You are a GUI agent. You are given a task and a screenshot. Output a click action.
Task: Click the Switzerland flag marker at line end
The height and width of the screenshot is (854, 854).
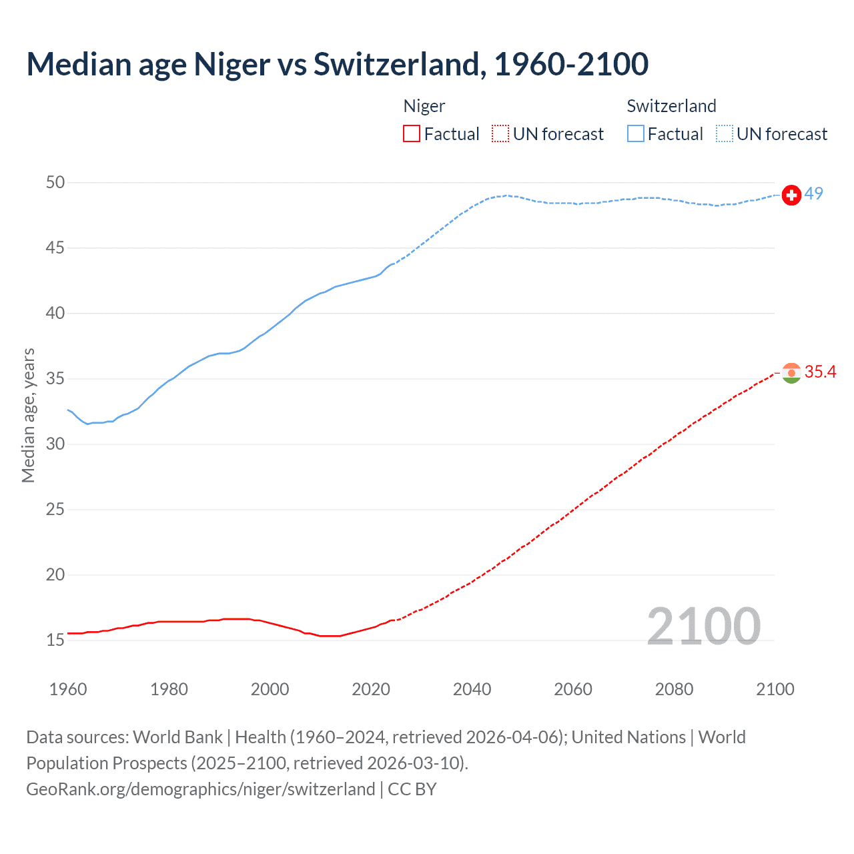tap(791, 195)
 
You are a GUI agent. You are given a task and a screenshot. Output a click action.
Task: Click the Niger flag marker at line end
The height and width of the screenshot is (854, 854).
tap(791, 373)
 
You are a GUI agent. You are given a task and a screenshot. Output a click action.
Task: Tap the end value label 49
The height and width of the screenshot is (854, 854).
tap(813, 193)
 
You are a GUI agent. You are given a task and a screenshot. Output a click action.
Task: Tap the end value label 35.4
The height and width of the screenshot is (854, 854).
tap(820, 372)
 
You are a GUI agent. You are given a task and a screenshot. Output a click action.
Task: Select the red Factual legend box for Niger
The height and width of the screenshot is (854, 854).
tap(412, 134)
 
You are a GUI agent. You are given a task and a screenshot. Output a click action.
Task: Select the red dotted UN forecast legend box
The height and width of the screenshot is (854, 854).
tap(500, 134)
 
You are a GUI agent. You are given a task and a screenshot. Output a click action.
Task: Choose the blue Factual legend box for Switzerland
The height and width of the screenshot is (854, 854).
tap(635, 134)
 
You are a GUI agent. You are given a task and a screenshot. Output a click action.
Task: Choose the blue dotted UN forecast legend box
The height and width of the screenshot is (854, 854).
tap(724, 134)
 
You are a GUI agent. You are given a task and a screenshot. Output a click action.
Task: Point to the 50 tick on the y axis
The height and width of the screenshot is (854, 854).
tap(55, 182)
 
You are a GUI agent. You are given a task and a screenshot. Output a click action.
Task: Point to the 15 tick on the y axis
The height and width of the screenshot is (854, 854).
tap(55, 640)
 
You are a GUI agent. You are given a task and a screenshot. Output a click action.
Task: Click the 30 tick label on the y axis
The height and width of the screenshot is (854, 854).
tap(55, 444)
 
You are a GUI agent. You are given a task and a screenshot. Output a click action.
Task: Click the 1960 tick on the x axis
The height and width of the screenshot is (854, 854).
tap(68, 689)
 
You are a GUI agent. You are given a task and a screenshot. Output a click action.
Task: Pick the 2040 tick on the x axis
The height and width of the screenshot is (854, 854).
tap(472, 689)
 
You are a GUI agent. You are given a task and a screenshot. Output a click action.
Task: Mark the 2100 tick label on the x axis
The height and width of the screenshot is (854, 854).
tap(775, 689)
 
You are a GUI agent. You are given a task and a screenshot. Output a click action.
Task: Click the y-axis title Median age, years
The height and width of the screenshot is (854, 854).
tap(28, 415)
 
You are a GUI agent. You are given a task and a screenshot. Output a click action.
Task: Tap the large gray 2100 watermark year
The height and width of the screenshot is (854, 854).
tap(703, 626)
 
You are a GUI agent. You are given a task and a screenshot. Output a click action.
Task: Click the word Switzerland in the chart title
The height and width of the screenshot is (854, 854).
tap(396, 64)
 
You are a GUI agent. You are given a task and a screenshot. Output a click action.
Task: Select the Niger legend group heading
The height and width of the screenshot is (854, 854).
tap(424, 106)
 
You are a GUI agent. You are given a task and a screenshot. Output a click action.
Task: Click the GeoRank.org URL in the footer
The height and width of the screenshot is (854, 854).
tap(200, 789)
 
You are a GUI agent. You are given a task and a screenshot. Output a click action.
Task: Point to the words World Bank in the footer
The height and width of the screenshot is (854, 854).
tap(177, 737)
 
